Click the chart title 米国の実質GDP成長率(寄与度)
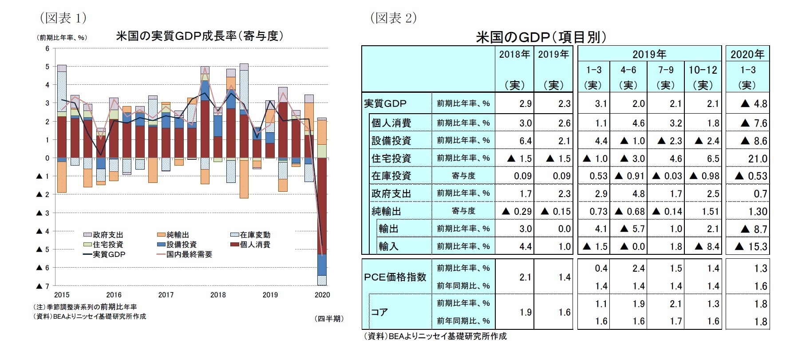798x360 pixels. pyautogui.click(x=199, y=36)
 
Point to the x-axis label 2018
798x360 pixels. pyautogui.click(x=218, y=295)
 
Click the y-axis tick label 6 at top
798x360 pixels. pyautogui.click(x=47, y=48)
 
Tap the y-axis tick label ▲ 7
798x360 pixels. pyautogui.click(x=43, y=286)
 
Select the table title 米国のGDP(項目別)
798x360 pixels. pyautogui.click(x=541, y=37)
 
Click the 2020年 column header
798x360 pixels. pyautogui.click(x=747, y=54)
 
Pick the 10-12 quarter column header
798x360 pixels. pyautogui.click(x=703, y=70)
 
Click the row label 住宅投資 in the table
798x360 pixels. pyautogui.click(x=391, y=158)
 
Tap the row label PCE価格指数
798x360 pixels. pyautogui.click(x=395, y=277)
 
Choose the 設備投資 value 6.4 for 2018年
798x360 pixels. pyautogui.click(x=525, y=141)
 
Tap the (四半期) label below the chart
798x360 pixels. pyautogui.click(x=329, y=319)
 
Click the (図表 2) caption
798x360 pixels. pyautogui.click(x=393, y=18)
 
